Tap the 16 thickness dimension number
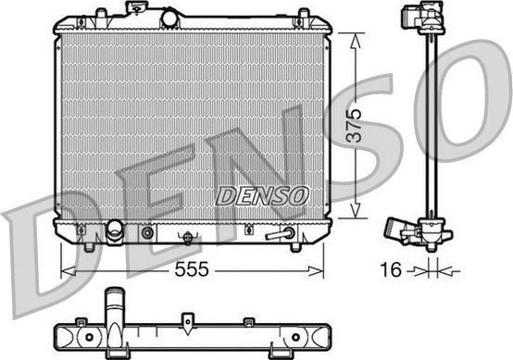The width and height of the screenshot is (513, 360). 394,271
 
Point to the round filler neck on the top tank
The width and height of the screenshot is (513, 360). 172,18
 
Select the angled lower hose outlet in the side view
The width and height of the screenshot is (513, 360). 400,229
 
